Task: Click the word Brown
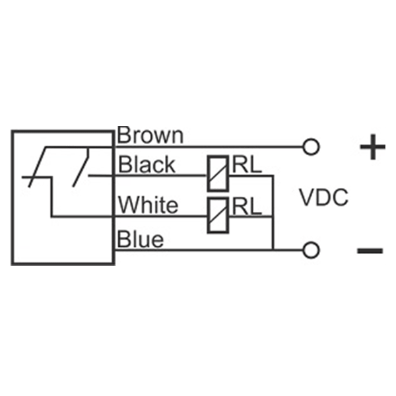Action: pos(150,136)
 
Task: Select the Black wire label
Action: pos(147,164)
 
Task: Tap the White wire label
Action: pos(148,205)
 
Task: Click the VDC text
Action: pos(323,197)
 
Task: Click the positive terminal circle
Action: pos(310,146)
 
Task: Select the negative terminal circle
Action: pos(310,249)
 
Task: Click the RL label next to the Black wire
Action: pos(246,164)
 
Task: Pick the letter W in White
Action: pos(128,205)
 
